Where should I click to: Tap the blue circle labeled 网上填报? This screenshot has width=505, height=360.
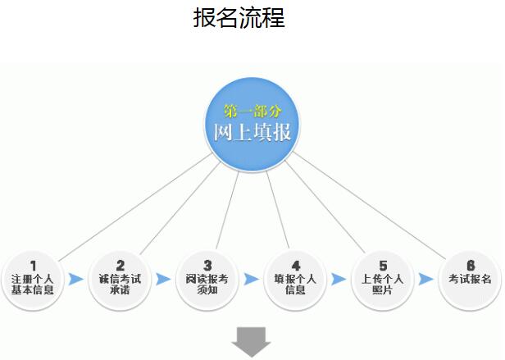pos(252,124)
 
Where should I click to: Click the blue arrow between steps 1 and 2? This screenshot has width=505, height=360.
pos(76,279)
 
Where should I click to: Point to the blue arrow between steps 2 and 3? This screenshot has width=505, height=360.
pos(163,279)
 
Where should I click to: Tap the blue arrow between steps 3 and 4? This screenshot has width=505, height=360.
pos(251,279)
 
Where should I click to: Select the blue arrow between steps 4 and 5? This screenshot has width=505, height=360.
pos(339,279)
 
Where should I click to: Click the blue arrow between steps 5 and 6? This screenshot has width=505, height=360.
pos(425,279)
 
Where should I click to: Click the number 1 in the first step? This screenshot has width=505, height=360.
pos(33,265)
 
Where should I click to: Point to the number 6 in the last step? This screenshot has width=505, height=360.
pos(470,265)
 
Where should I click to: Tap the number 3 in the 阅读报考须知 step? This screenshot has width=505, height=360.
pos(207,265)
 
